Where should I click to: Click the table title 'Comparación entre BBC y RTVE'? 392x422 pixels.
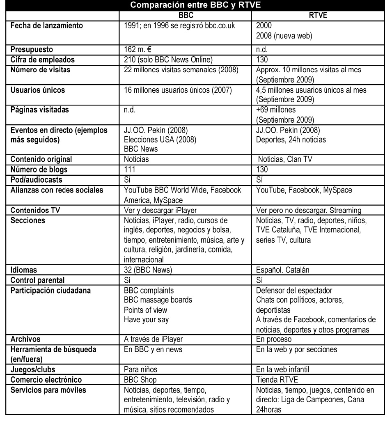[195, 5]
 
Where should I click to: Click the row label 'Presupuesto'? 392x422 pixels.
[32, 50]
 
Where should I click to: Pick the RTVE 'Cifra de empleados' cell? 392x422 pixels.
[262, 60]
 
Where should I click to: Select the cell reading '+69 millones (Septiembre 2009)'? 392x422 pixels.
[285, 115]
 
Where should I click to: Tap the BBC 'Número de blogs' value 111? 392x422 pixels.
[130, 170]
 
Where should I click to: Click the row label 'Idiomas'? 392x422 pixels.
[24, 270]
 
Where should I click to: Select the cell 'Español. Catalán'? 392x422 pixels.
[283, 270]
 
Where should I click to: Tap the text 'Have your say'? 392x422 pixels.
[146, 320]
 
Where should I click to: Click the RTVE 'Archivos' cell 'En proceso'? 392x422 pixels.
[274, 339]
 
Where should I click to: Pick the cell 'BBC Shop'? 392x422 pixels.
[140, 380]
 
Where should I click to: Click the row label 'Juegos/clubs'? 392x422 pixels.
[33, 369]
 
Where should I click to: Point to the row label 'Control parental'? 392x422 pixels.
[38, 280]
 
